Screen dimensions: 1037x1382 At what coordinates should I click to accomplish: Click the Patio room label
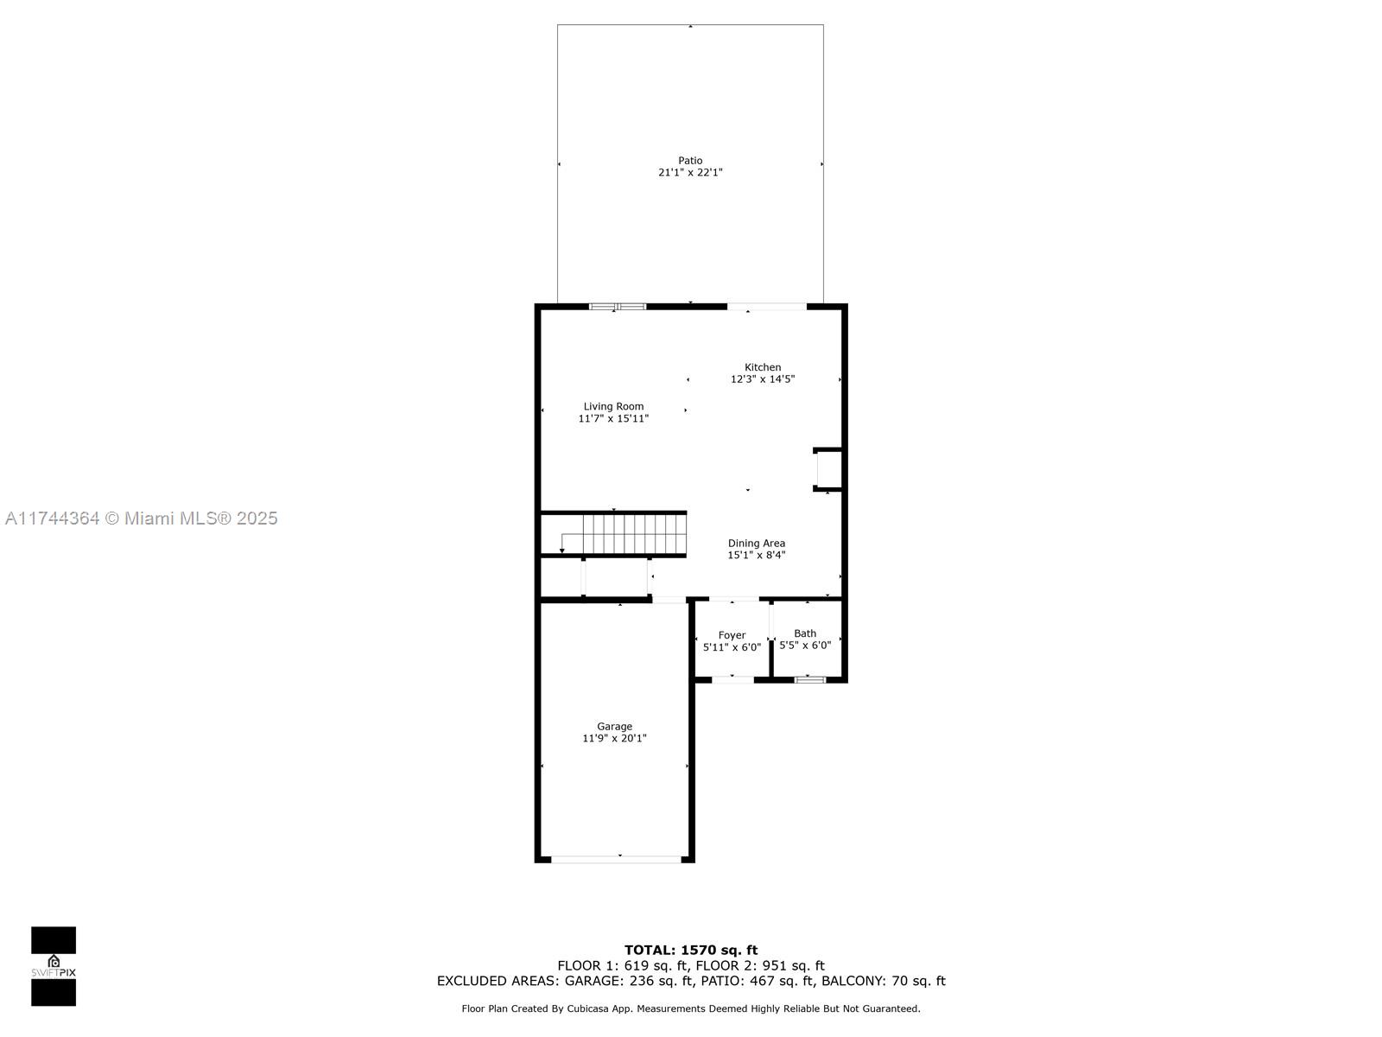tap(690, 161)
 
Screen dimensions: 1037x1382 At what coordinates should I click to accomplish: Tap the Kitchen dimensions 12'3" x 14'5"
tap(763, 379)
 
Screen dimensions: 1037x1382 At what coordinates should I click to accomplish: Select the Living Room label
tap(613, 406)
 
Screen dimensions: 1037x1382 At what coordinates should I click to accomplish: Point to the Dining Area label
tap(756, 544)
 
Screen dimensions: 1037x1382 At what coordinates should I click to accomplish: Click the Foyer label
tap(732, 635)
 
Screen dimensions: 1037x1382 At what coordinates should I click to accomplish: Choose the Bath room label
tap(805, 633)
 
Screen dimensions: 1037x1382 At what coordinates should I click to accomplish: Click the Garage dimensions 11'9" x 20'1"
tap(614, 739)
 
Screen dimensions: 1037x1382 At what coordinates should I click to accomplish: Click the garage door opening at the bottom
tap(616, 859)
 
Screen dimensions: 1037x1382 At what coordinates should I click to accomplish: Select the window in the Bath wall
tap(810, 680)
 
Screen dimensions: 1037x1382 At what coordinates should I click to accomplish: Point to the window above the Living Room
tap(618, 306)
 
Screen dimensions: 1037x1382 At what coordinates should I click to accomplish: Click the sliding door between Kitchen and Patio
tap(766, 306)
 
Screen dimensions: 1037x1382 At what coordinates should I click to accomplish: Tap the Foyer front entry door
tap(732, 680)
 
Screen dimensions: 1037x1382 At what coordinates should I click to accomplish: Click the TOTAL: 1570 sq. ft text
tap(691, 950)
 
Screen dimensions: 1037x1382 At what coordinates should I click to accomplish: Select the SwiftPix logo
tap(54, 966)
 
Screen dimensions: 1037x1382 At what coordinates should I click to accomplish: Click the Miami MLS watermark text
tap(142, 518)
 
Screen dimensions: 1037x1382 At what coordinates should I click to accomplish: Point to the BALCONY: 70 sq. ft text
tap(883, 981)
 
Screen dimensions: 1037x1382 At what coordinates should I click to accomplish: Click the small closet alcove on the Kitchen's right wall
tap(828, 469)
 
